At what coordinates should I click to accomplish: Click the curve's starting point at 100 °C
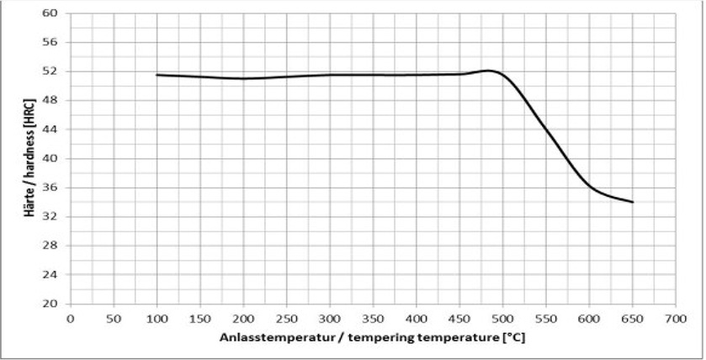(157, 75)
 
